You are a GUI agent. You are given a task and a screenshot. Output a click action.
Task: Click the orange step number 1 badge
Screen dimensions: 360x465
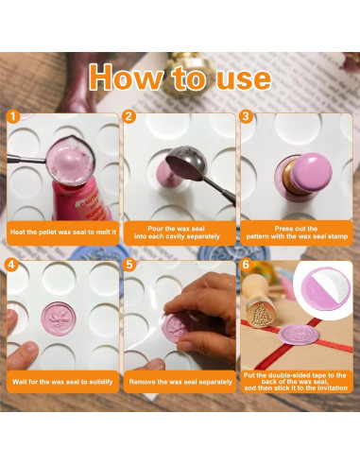point(13,117)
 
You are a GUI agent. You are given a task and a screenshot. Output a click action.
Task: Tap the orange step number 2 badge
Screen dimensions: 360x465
point(129,117)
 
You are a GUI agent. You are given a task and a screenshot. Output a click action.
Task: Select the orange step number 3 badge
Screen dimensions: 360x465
point(246,117)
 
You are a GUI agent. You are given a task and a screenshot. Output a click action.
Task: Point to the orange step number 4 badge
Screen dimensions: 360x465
point(11,265)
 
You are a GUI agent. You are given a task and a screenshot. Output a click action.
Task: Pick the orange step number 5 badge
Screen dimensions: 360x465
point(129,265)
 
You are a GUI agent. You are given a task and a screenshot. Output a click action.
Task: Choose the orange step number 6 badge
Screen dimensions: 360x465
point(246,265)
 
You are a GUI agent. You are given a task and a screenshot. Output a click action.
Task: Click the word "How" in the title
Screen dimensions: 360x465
point(126,77)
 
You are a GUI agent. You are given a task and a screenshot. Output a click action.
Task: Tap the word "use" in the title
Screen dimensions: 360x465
point(244,79)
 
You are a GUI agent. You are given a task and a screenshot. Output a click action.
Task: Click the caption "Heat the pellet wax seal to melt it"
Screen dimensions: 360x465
point(63,232)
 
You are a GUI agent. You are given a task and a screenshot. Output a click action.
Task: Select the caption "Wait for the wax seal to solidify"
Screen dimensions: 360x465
point(62,382)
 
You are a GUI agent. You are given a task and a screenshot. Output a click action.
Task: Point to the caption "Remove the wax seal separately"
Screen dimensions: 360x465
point(180,382)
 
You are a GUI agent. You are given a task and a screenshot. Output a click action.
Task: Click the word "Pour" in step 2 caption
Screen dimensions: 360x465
point(155,229)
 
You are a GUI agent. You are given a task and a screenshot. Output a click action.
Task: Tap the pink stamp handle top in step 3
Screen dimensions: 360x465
point(311,171)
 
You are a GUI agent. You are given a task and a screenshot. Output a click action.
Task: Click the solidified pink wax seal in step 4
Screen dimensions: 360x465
point(59,319)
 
